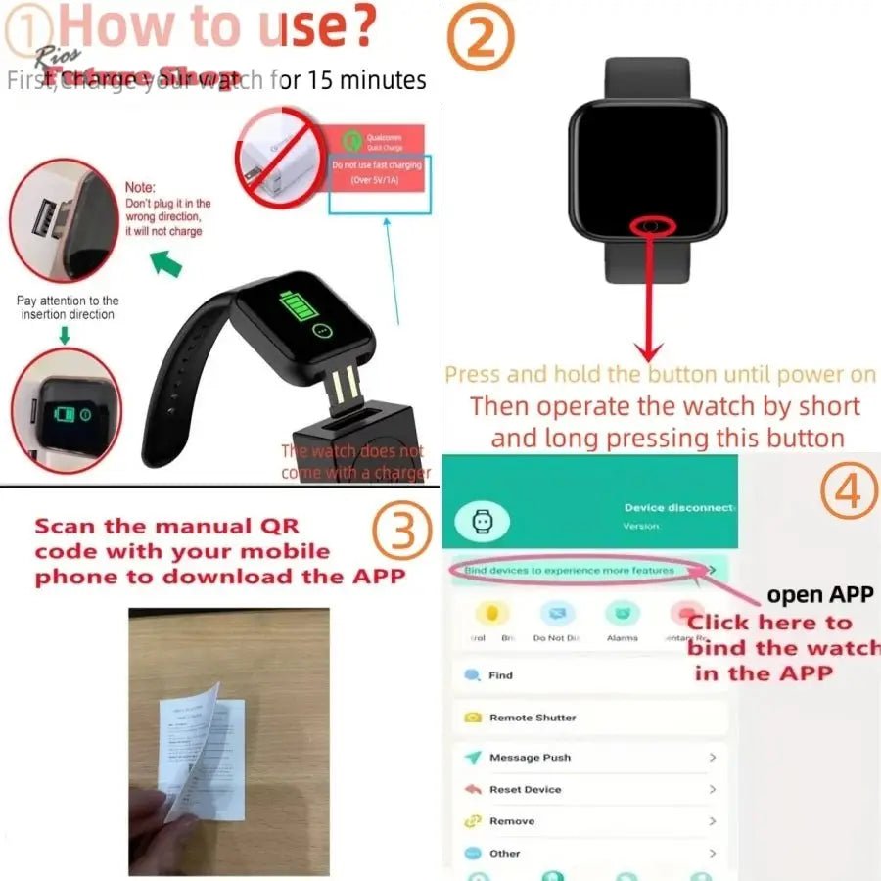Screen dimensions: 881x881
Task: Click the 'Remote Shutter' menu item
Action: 533,718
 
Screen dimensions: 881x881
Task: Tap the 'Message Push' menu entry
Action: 530,758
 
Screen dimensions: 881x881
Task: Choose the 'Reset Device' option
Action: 525,789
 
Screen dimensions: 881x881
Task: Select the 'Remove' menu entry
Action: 511,821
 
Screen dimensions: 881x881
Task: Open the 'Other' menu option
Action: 504,854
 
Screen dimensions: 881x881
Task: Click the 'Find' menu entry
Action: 500,675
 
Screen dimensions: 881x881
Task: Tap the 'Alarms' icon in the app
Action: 622,618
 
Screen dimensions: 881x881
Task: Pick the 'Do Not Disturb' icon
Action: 557,618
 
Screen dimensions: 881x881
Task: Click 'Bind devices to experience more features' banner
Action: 570,570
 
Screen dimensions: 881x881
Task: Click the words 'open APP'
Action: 819,594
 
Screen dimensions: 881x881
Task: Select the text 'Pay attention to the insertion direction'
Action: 68,307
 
